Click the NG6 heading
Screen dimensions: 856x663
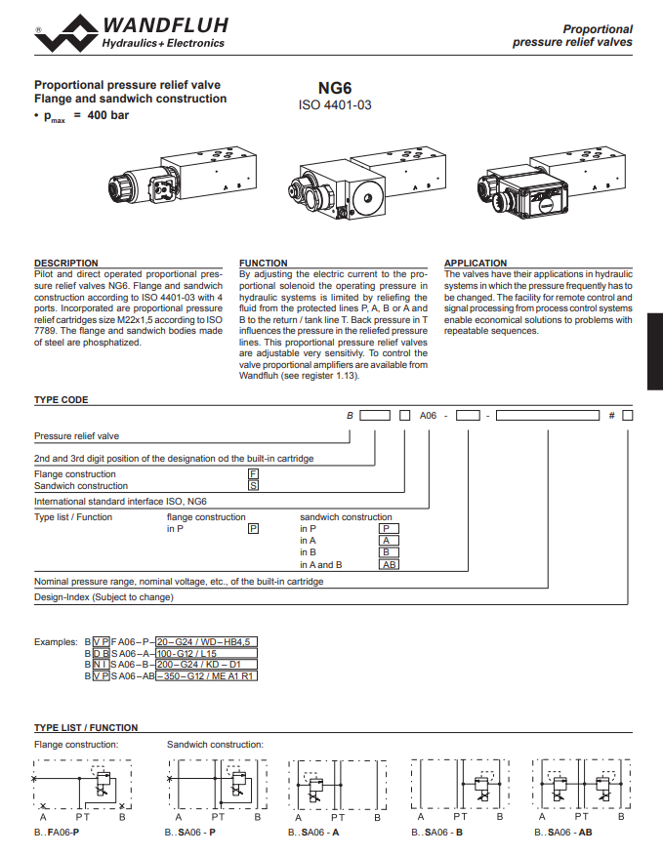[x=334, y=87]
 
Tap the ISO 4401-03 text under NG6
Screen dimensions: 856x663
[x=334, y=104]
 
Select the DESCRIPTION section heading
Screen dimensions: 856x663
[x=66, y=263]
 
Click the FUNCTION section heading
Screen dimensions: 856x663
[x=264, y=263]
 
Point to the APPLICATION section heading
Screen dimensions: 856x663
[x=476, y=263]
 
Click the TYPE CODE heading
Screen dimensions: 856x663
[x=61, y=400]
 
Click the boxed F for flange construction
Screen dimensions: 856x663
[x=253, y=473]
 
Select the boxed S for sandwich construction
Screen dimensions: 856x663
[x=253, y=485]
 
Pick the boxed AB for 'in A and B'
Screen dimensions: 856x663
[x=389, y=564]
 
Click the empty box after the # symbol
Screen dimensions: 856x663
[x=628, y=416]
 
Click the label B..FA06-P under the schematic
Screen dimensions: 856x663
[x=57, y=833]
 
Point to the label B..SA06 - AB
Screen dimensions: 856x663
[x=562, y=833]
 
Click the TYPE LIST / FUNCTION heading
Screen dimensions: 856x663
[x=86, y=727]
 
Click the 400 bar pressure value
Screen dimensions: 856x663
[x=107, y=115]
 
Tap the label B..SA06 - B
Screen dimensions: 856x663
[x=437, y=833]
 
